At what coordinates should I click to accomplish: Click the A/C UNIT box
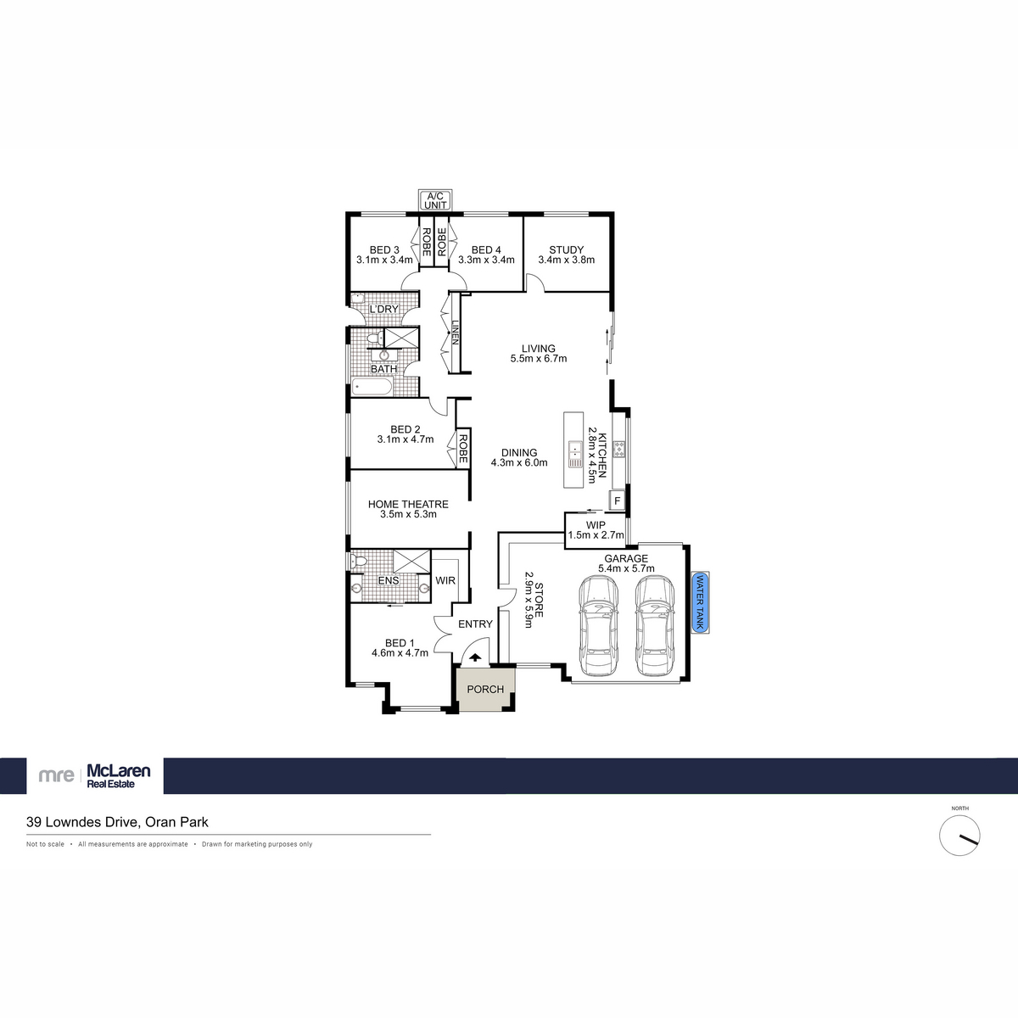click(435, 200)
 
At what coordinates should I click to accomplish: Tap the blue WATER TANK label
click(701, 602)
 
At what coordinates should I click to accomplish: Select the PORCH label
click(485, 689)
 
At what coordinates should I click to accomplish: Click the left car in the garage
click(598, 625)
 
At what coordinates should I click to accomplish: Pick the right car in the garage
click(655, 625)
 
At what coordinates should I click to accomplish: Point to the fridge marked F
click(617, 501)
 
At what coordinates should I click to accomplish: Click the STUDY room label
click(566, 250)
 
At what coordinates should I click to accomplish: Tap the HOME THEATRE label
click(408, 504)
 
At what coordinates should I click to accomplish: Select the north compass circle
click(959, 836)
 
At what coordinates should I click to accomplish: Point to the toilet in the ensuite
click(360, 562)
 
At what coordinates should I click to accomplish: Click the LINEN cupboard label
click(455, 332)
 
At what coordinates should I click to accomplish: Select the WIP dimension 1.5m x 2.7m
click(596, 535)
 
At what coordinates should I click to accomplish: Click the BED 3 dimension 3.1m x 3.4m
click(384, 260)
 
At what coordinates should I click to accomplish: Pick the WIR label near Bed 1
click(445, 581)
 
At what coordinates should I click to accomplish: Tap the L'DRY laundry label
click(383, 309)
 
